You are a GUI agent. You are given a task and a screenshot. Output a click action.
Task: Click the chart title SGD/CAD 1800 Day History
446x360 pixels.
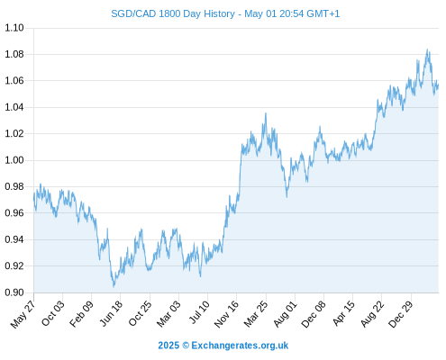pos(173,13)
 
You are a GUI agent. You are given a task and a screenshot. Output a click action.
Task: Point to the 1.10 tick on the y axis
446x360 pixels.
pos(14,28)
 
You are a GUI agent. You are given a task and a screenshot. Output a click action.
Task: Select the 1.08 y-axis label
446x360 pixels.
pos(14,54)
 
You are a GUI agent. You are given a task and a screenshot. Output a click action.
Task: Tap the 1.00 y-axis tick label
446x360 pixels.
pos(14,160)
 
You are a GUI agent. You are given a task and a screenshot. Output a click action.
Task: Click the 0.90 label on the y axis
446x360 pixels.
pos(14,292)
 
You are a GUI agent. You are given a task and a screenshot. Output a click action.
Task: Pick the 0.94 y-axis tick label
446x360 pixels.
pos(14,239)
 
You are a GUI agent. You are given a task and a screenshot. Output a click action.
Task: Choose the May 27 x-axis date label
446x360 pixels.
pos(23,314)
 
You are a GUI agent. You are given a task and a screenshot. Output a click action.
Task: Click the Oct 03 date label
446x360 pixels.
pos(53,313)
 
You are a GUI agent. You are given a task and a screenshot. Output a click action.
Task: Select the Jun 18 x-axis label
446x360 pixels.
pos(111,313)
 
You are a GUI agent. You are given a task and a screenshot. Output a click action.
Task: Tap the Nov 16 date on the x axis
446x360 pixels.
pos(226,314)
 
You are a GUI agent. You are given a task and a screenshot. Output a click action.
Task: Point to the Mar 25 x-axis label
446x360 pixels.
pos(256,314)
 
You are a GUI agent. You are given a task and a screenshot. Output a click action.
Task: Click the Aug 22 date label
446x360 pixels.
pos(372,314)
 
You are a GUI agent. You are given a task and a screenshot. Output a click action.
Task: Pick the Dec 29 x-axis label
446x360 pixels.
pos(401,314)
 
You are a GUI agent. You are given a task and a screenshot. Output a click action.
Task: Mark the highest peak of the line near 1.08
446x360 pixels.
pos(427,49)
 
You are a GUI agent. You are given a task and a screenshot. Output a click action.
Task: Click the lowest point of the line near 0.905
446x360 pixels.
pos(114,286)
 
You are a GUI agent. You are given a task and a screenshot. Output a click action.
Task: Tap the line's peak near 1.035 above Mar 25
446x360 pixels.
pos(266,113)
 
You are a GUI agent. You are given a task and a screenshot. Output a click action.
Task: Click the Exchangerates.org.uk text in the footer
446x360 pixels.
pos(240,346)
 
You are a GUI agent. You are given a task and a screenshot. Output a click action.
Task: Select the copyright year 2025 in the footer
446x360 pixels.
pos(168,346)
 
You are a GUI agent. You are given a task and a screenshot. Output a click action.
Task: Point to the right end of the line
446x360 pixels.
pos(438,85)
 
